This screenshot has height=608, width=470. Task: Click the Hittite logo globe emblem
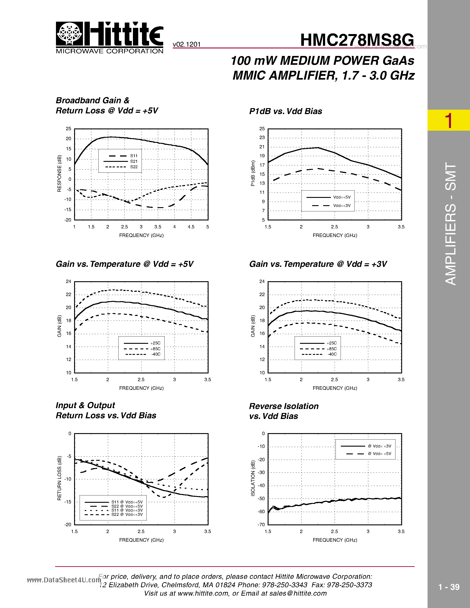click(69, 33)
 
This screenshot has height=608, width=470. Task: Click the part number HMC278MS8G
click(357, 40)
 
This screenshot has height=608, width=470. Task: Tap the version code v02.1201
click(186, 44)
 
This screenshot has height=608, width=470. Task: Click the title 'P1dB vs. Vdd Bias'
click(285, 111)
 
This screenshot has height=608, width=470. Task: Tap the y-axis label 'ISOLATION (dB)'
click(253, 478)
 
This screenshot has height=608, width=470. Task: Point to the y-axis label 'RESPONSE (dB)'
click(59, 173)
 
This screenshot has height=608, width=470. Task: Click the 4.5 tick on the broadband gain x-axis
click(191, 227)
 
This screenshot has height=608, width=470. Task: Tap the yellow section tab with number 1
click(449, 120)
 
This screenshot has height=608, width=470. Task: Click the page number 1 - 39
click(449, 587)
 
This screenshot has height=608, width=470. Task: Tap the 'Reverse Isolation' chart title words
click(284, 406)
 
